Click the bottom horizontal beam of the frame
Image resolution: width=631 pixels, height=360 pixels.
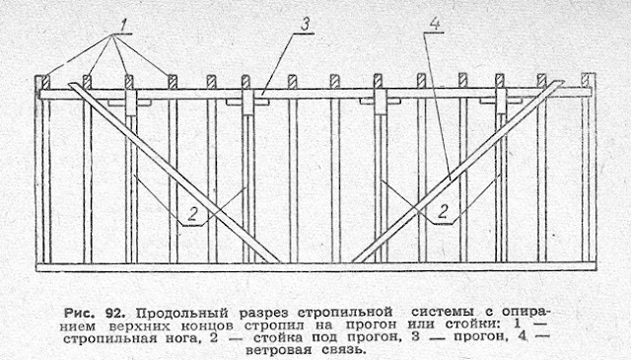click(x=315, y=266)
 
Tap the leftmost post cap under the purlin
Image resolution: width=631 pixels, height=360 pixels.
click(x=130, y=101)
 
